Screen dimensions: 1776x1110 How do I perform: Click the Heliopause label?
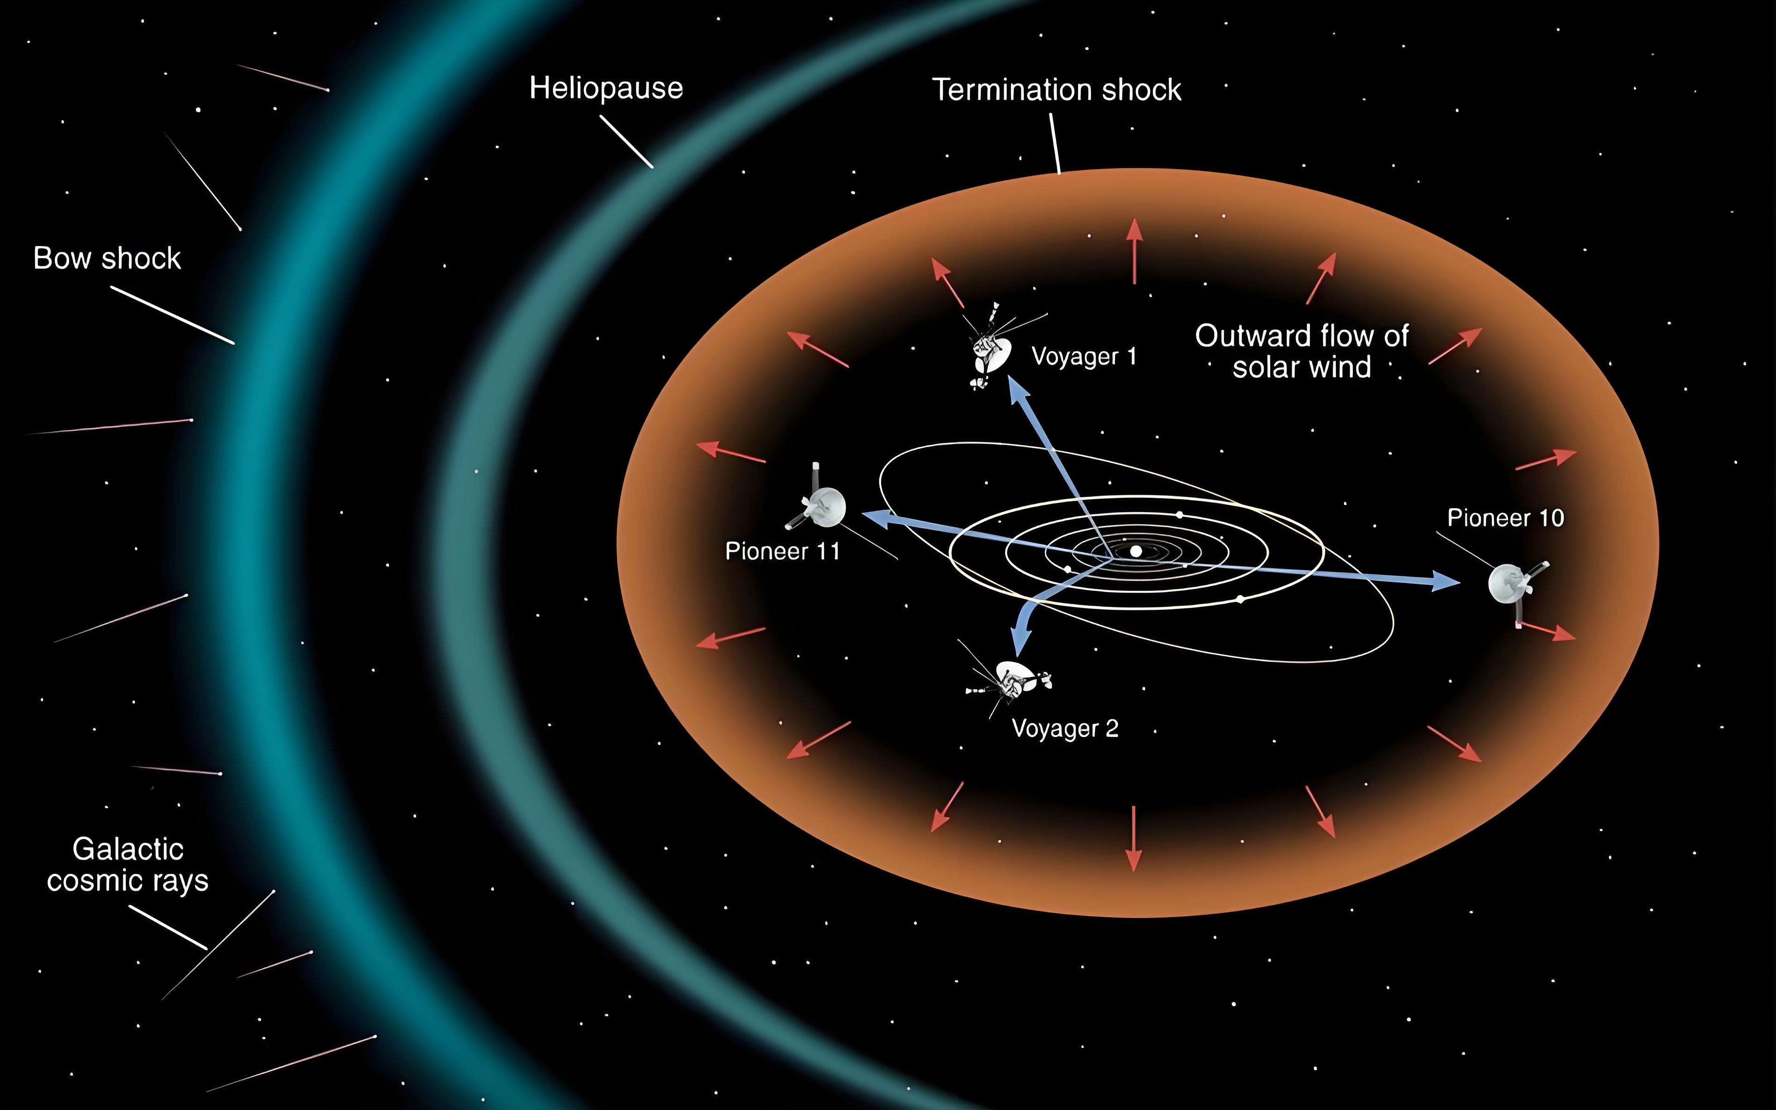[606, 88]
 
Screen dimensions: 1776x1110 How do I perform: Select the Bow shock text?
[107, 258]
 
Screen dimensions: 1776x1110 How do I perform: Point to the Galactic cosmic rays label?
[128, 865]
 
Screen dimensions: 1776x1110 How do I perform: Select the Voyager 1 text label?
[1084, 357]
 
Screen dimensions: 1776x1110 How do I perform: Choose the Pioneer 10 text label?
[1505, 518]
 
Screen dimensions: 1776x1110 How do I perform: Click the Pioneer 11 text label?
[782, 551]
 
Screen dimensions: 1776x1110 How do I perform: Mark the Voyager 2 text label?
[1065, 728]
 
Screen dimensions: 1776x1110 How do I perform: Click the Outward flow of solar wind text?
[1301, 351]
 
